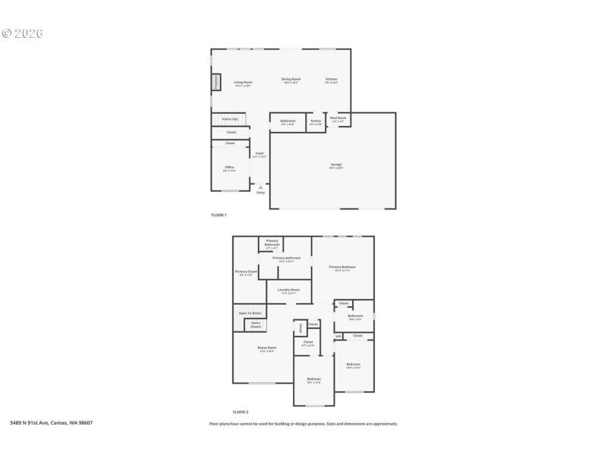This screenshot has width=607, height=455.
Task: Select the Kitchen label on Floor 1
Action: pyautogui.click(x=332, y=80)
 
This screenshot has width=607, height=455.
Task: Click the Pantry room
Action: pyautogui.click(x=316, y=122)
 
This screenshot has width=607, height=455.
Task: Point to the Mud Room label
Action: pyautogui.click(x=338, y=118)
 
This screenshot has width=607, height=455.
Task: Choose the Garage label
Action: pyautogui.click(x=335, y=165)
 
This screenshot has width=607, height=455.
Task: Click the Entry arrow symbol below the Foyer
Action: pyautogui.click(x=260, y=187)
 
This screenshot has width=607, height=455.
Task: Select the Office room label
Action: pyautogui.click(x=229, y=168)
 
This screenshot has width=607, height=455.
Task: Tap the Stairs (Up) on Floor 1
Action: pyautogui.click(x=229, y=119)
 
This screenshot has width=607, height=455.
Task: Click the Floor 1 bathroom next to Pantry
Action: pyautogui.click(x=288, y=122)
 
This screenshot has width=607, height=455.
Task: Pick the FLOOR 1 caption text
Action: pyautogui.click(x=219, y=215)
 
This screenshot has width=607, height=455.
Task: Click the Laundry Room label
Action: pyautogui.click(x=289, y=290)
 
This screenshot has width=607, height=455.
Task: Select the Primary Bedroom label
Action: pyautogui.click(x=342, y=268)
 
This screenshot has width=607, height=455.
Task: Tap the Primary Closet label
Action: pyautogui.click(x=247, y=272)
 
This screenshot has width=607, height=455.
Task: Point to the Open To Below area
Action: pyautogui.click(x=250, y=312)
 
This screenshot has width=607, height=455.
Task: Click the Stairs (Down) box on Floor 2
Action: pyautogui.click(x=256, y=325)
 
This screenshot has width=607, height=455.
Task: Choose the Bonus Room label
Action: pyautogui.click(x=266, y=349)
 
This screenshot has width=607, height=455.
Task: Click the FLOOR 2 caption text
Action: pyautogui.click(x=241, y=411)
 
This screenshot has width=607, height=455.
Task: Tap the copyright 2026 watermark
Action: pyautogui.click(x=22, y=33)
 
